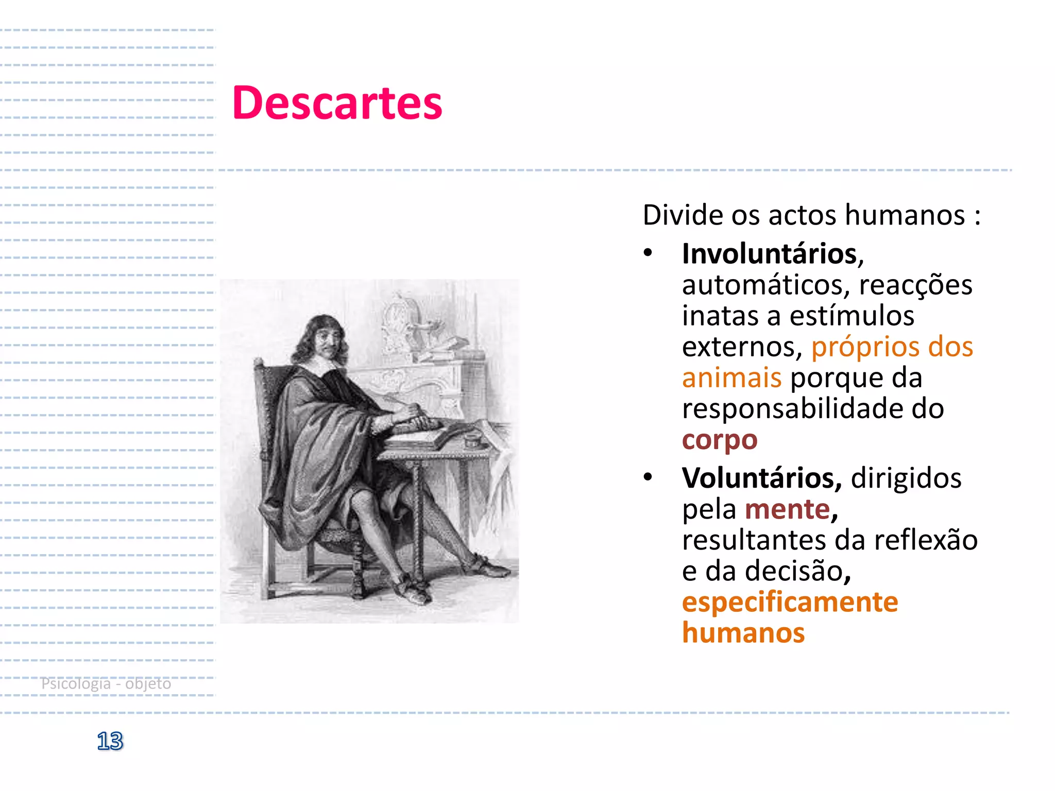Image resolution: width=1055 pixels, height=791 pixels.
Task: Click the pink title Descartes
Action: [x=337, y=103]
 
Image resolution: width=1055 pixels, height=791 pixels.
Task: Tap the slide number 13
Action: [x=110, y=741]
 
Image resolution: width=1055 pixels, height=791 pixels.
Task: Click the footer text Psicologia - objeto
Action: [x=106, y=683]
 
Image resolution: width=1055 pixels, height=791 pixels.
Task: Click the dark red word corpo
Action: [x=720, y=440]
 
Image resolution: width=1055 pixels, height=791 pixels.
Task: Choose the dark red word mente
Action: [x=788, y=509]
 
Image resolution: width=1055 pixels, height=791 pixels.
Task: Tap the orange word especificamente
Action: [x=790, y=602]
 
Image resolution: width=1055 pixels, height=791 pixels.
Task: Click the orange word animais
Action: [x=731, y=377]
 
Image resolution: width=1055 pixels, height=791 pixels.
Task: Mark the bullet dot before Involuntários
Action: [x=648, y=253]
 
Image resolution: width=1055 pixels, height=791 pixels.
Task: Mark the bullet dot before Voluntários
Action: [x=648, y=477]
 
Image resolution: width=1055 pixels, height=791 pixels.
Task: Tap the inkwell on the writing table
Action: [x=471, y=441]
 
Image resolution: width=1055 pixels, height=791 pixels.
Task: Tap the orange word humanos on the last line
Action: [x=743, y=633]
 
